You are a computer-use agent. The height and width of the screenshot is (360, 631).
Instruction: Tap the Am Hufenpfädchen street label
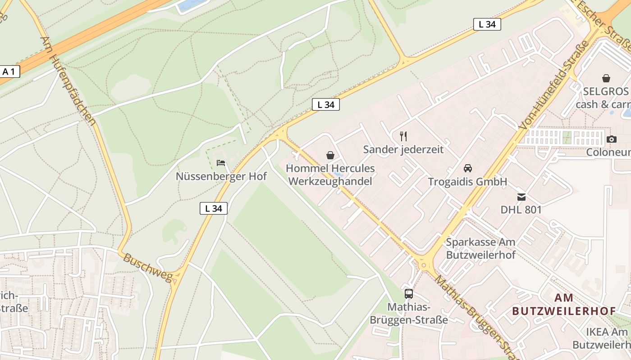(68, 81)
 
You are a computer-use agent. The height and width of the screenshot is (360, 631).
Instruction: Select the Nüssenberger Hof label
(221, 176)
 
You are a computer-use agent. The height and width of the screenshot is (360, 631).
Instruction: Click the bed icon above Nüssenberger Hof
(221, 163)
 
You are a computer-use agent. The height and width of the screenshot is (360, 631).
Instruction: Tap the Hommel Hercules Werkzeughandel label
(330, 175)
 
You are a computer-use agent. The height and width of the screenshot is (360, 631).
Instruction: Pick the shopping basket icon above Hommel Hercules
(330, 155)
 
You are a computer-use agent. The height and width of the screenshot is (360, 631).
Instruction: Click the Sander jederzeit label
(403, 149)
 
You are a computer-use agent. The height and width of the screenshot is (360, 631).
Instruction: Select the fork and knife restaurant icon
(403, 136)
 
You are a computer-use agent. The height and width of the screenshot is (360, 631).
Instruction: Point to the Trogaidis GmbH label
(467, 182)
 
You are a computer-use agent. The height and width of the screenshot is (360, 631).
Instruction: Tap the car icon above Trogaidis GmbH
(468, 168)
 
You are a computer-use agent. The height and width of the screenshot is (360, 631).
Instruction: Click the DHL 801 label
(521, 210)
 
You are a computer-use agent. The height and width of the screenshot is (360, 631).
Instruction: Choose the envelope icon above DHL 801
(521, 197)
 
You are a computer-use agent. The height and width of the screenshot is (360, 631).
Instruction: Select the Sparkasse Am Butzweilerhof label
(480, 248)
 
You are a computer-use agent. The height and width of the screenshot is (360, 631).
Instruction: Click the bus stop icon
(409, 294)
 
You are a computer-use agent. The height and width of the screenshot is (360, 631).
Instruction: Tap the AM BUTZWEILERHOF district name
(564, 304)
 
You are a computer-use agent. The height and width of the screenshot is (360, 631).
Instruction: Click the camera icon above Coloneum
(612, 139)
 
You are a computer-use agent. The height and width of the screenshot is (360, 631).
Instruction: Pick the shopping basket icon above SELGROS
(606, 78)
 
